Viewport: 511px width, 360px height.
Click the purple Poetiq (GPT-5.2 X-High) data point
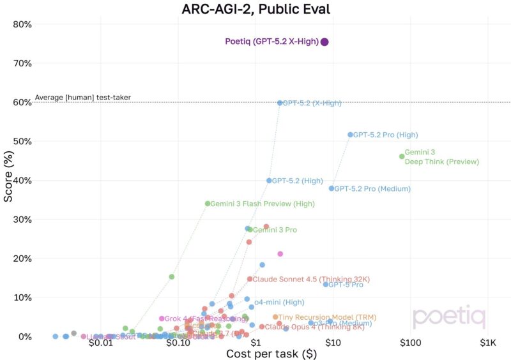click(x=324, y=42)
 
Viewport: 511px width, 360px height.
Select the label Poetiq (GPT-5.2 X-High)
click(x=271, y=42)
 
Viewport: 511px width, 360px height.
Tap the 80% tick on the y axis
click(x=22, y=24)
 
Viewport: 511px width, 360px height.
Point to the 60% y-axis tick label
click(x=22, y=102)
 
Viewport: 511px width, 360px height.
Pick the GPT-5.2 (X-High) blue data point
click(x=280, y=103)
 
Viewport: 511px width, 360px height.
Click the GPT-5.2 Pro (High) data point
click(x=350, y=135)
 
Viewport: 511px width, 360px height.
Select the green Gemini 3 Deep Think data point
click(x=402, y=156)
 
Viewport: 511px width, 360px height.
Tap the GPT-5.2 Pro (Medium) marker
click(x=332, y=188)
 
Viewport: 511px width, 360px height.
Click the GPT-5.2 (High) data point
click(x=269, y=181)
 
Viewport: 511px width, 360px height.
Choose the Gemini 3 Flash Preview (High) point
click(x=208, y=204)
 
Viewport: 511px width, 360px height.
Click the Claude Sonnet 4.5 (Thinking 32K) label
click(x=311, y=279)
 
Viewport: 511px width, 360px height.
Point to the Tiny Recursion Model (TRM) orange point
click(x=275, y=317)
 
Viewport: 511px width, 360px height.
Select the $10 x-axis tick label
click(x=332, y=343)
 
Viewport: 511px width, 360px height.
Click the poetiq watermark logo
click(x=448, y=317)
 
